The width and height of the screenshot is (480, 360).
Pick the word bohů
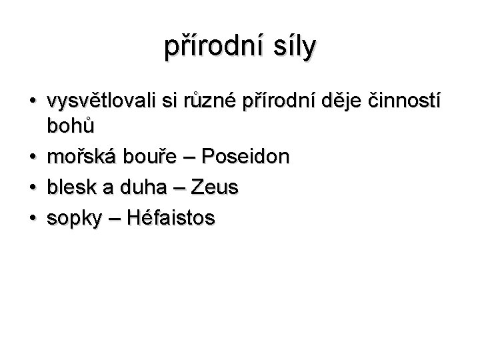(x=71, y=127)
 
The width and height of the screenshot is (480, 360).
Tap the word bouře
(x=141, y=157)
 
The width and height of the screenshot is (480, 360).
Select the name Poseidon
(x=246, y=157)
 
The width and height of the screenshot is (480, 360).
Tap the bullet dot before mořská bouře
(x=32, y=159)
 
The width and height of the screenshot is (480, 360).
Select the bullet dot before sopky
(x=32, y=219)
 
